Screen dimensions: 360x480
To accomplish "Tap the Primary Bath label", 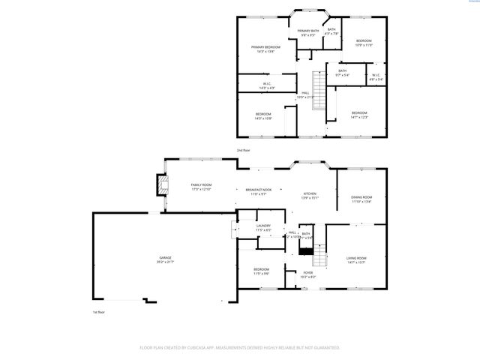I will click(308, 32).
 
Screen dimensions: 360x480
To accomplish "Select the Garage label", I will click(164, 259).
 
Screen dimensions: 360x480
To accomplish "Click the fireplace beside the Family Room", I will click(161, 185).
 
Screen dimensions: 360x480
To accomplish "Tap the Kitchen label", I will click(310, 193).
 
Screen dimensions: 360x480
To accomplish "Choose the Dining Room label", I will click(361, 197).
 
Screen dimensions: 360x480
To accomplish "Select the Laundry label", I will click(262, 226).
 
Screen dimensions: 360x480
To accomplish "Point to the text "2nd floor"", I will click(243, 151).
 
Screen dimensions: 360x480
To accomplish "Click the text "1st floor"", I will click(97, 311).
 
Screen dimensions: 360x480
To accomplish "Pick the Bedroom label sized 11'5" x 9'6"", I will click(261, 270).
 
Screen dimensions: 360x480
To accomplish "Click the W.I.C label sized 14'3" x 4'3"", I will click(266, 85).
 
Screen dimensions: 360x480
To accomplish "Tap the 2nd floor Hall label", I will click(304, 94).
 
